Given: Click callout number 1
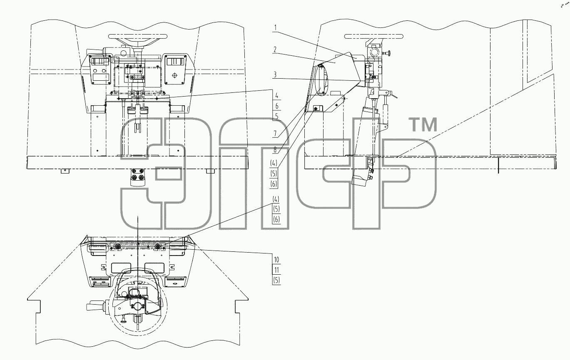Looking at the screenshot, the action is tap(275, 28).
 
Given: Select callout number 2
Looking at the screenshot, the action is tap(275, 50).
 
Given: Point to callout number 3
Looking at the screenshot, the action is tap(275, 75).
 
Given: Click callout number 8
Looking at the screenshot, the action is tap(275, 150).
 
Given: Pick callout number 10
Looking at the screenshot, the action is tap(276, 260).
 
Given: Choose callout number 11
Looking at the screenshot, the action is tap(276, 270).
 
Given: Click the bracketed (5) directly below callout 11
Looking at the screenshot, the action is tap(276, 280).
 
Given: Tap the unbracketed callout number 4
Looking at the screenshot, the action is tap(276, 96).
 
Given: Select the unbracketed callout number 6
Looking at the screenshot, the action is tap(276, 106).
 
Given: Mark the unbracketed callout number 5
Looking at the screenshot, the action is tap(276, 117).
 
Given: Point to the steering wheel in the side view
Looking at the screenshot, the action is tap(373, 36).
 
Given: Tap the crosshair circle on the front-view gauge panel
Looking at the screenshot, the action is tap(174, 75).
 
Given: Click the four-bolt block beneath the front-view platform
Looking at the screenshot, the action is tap(138, 177).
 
